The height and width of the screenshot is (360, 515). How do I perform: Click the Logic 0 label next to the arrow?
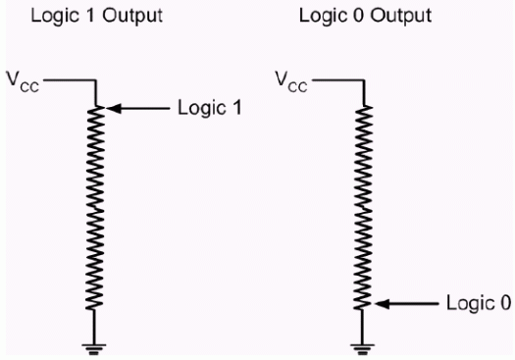coord(480,302)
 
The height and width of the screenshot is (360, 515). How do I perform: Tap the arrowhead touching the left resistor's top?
coord(110,107)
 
